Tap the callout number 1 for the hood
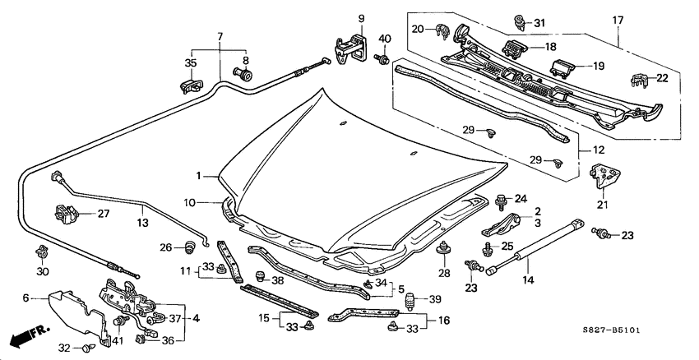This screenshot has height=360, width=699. click(197, 175)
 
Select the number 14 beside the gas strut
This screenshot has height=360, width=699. click(528, 280)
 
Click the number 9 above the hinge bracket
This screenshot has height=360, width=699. click(360, 18)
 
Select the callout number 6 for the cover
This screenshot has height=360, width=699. click(25, 298)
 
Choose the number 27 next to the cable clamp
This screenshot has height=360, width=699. click(104, 214)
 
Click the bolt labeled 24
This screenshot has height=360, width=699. click(501, 199)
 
